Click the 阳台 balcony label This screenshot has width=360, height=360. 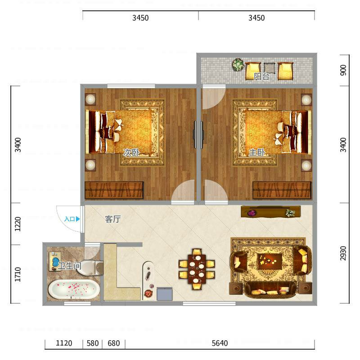(x=261, y=76)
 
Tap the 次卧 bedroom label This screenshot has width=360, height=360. (x=131, y=152)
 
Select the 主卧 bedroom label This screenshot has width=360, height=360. (x=257, y=152)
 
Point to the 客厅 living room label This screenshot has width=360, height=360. (x=113, y=219)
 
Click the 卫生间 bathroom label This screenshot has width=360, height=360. (x=70, y=265)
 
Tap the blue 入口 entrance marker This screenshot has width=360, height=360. (x=72, y=219)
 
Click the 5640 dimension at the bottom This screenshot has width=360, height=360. (x=220, y=343)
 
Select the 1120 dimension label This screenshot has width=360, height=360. (x=64, y=343)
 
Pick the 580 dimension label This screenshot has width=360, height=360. (x=93, y=343)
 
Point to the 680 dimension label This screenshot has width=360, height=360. (x=114, y=343)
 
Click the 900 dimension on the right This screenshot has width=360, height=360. (x=343, y=70)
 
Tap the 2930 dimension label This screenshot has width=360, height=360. (x=343, y=253)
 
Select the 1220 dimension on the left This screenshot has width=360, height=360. (x=18, y=224)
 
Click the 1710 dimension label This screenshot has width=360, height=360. (x=18, y=274)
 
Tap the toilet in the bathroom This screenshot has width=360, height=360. (x=90, y=267)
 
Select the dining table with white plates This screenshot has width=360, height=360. (x=197, y=269)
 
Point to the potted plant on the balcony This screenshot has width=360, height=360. (x=238, y=64)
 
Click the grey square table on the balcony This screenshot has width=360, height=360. (x=269, y=68)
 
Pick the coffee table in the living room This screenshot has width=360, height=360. (x=270, y=261)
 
